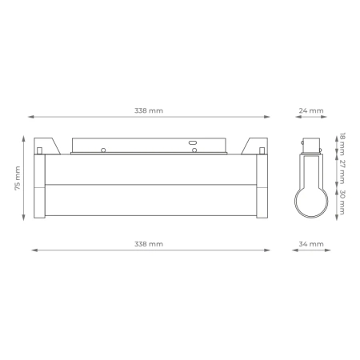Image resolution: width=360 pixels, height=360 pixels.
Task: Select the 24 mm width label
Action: tap(313, 110)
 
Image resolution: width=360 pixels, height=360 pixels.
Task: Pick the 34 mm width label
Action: tap(313, 242)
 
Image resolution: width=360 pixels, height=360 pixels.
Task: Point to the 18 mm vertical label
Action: tap(342, 142)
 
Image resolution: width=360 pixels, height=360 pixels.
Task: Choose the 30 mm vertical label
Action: tap(342, 202)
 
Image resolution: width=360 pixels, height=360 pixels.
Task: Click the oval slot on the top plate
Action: tap(193, 145)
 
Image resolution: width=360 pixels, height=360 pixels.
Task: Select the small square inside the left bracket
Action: tap(39, 150)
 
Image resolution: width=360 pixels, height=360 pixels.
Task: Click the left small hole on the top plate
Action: tap(102, 149)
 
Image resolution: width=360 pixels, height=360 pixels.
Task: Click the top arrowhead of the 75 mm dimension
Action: tap(25, 137)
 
